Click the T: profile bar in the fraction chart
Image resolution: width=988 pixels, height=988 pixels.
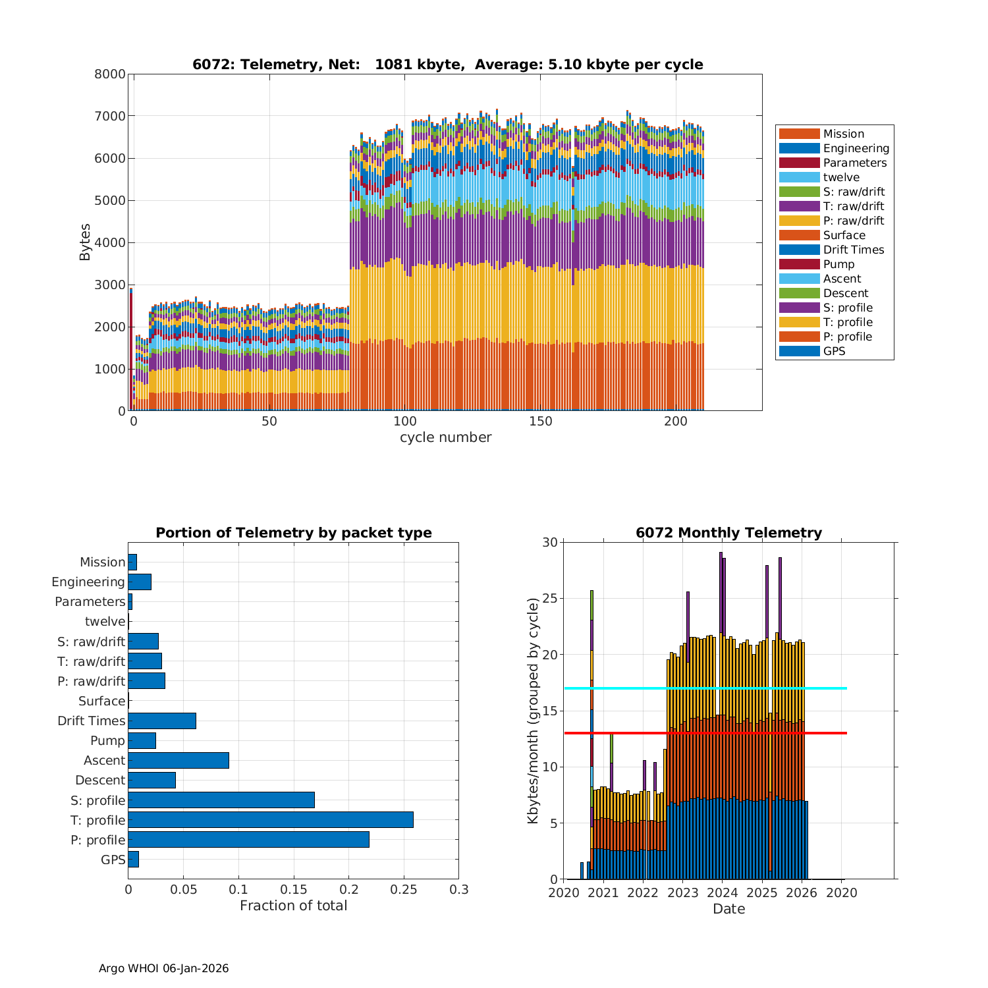pyautogui.click(x=271, y=819)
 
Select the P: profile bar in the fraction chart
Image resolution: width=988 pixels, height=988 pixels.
pyautogui.click(x=248, y=839)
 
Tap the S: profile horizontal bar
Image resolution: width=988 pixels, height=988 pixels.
pyautogui.click(x=221, y=800)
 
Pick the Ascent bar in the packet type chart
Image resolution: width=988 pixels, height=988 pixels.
pyautogui.click(x=178, y=760)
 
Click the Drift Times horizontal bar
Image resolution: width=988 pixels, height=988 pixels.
pyautogui.click(x=162, y=721)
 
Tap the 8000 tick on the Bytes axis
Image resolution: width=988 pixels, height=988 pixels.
pyautogui.click(x=110, y=74)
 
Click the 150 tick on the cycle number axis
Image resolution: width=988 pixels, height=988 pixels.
pyautogui.click(x=541, y=422)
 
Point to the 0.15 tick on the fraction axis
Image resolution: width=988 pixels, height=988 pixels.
pyautogui.click(x=293, y=890)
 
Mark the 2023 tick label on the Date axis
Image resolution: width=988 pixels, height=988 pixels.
pyautogui.click(x=683, y=892)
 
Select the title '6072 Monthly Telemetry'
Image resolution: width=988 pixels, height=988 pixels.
pyautogui.click(x=728, y=533)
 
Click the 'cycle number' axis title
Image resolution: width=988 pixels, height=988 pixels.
pyautogui.click(x=445, y=437)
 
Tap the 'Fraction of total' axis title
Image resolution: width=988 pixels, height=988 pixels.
pyautogui.click(x=293, y=906)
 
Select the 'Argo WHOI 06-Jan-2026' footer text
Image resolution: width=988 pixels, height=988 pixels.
pyautogui.click(x=163, y=968)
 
